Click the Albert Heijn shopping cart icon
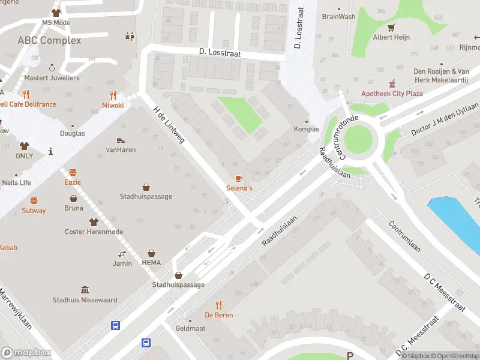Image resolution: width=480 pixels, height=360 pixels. (x=391, y=28)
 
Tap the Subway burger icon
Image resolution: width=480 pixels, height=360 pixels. (x=34, y=200)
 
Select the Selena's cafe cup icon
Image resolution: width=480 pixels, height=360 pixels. (x=239, y=179)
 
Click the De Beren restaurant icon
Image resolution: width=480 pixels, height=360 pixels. (x=218, y=305)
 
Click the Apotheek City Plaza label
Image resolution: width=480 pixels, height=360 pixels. (x=392, y=94)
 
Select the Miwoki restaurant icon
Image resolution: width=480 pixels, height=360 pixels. (x=113, y=95)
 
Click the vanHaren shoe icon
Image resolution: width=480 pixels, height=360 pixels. (x=121, y=140)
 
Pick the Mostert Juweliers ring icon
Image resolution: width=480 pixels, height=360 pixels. (x=52, y=68)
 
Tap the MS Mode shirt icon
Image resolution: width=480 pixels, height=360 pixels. (x=56, y=13)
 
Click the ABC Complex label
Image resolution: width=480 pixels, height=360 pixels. (x=49, y=40)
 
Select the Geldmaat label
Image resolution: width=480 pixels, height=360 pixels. (x=190, y=329)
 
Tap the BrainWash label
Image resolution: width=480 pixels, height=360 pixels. (x=338, y=17)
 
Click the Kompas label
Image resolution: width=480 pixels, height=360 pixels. (x=306, y=129)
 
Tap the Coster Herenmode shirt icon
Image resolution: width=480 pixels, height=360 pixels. (x=93, y=222)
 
